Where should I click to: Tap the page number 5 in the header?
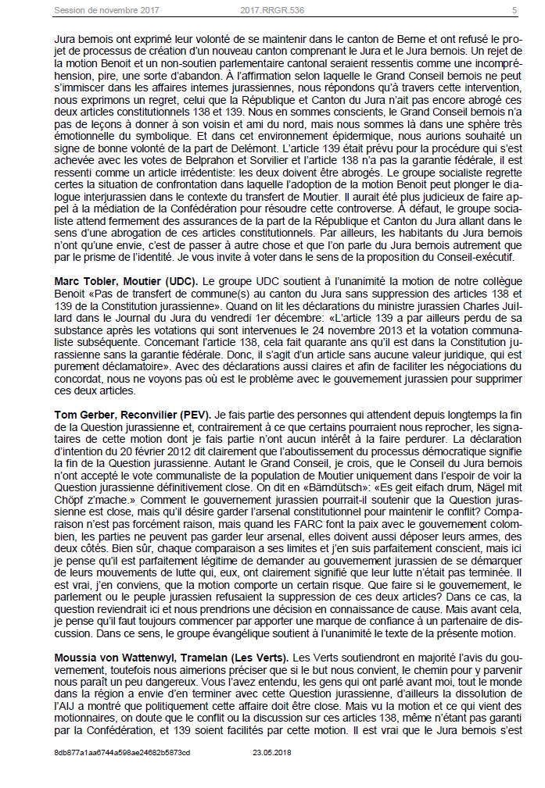tap(515, 11)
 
